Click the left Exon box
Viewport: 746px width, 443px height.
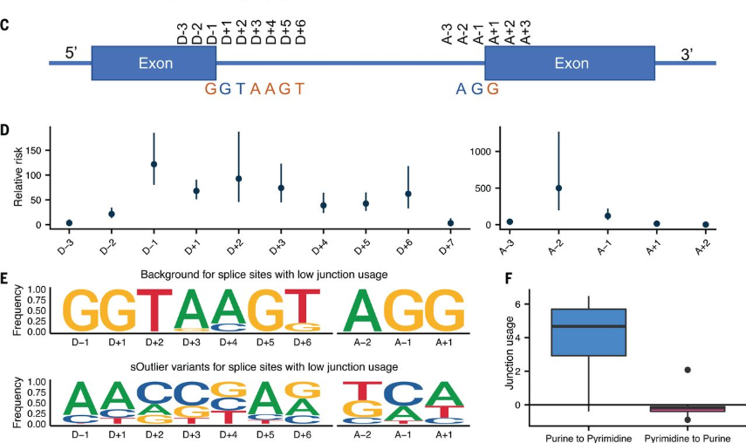click(154, 64)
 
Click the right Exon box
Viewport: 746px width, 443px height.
click(570, 64)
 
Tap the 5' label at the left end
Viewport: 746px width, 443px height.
click(72, 54)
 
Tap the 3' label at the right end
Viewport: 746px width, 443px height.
click(688, 54)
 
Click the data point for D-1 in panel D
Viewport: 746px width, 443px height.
click(154, 164)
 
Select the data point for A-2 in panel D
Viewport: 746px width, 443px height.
click(558, 187)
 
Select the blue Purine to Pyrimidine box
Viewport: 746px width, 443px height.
click(589, 332)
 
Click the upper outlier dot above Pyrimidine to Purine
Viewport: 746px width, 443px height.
click(688, 370)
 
